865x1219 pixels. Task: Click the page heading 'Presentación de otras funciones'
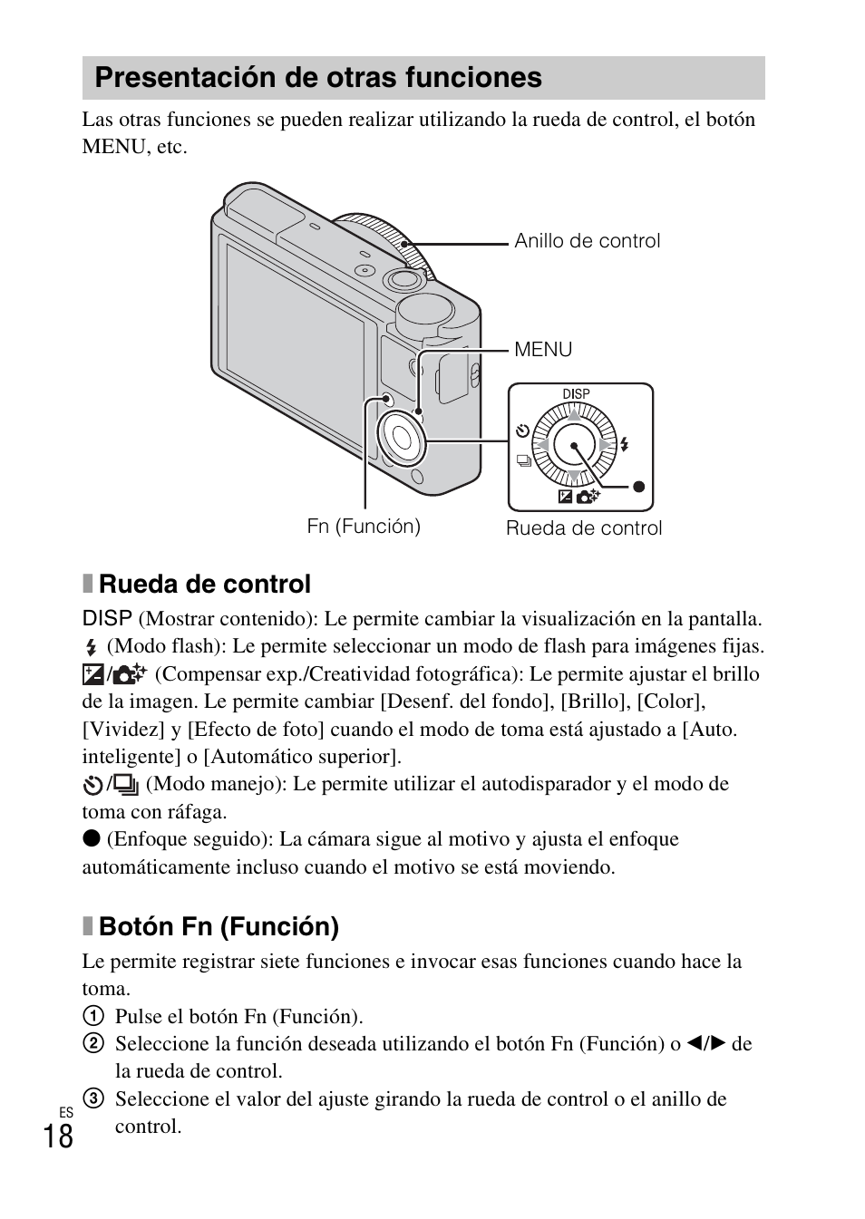(x=318, y=78)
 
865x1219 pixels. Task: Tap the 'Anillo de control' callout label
(x=587, y=241)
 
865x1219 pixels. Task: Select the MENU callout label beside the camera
(x=543, y=350)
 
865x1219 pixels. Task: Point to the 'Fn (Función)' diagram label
(x=364, y=527)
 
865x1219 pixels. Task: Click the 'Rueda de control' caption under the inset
(x=584, y=528)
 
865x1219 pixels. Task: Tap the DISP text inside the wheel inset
(x=576, y=394)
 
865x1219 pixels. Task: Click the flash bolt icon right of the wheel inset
(x=625, y=445)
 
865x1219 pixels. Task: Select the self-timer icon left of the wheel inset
(x=522, y=431)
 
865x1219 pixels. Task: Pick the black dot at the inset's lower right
(x=638, y=487)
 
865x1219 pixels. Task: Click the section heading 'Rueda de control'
(x=204, y=584)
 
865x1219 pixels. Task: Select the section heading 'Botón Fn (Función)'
(x=219, y=926)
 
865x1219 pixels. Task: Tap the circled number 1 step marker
(x=92, y=1017)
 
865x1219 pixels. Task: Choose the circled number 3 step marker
(x=92, y=1099)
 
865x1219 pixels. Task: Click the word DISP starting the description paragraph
(x=107, y=619)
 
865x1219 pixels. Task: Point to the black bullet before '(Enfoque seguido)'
(x=91, y=839)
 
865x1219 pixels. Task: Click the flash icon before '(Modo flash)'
(x=91, y=648)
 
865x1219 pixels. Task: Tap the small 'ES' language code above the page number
(x=65, y=1112)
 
